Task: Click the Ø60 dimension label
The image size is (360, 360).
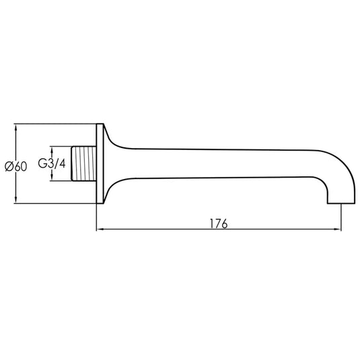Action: click(15, 165)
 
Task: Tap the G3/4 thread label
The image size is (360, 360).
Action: click(52, 164)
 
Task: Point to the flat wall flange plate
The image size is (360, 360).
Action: click(100, 164)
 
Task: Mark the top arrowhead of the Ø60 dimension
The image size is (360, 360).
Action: click(16, 127)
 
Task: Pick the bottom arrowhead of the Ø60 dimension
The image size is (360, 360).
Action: click(16, 201)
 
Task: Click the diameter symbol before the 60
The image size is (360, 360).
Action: click(7, 165)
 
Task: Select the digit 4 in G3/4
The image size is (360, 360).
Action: click(63, 164)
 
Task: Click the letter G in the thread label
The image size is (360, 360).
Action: click(42, 164)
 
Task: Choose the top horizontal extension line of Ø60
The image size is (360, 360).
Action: click(54, 124)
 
